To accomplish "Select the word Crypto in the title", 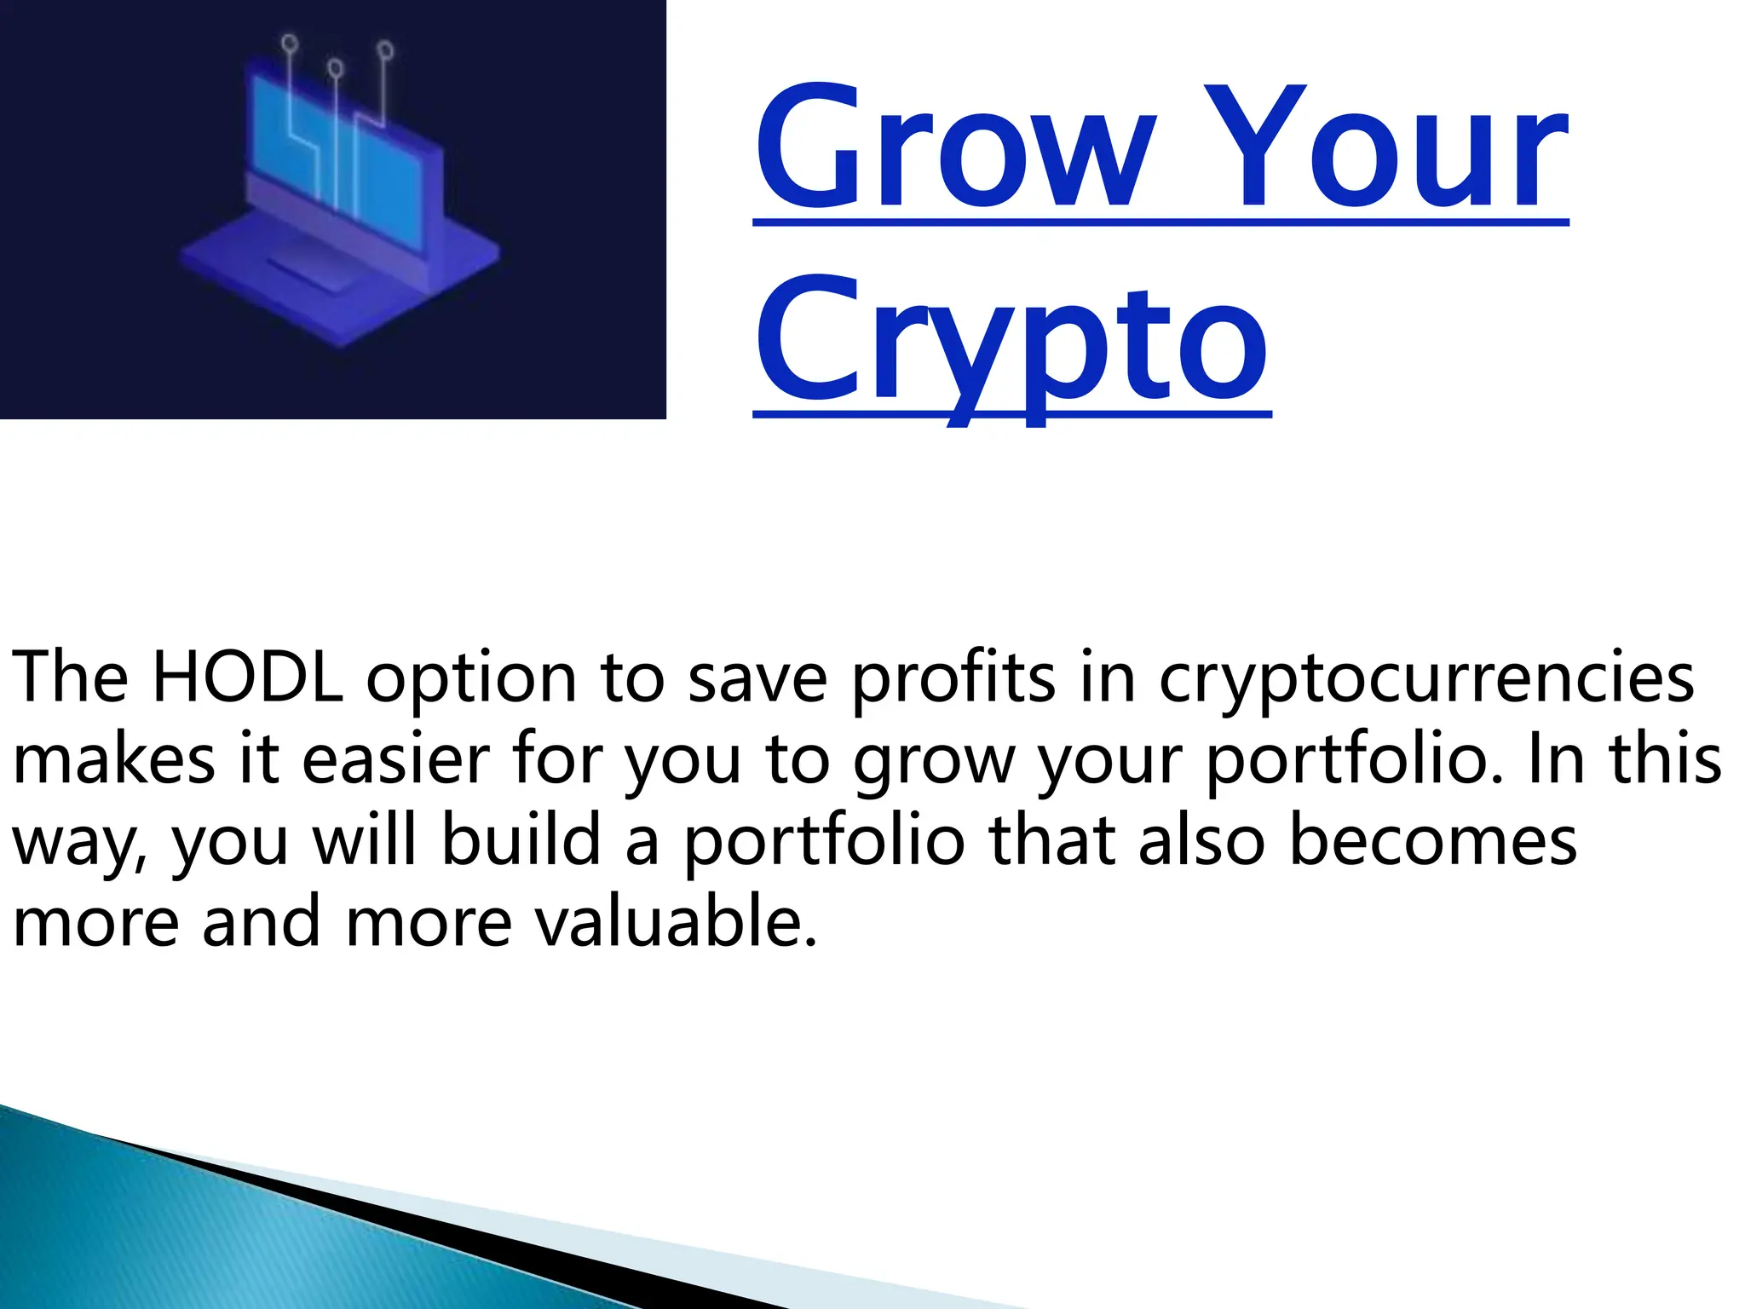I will pyautogui.click(x=1011, y=341).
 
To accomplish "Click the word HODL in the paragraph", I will pyautogui.click(x=247, y=678).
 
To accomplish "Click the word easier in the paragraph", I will pyautogui.click(x=396, y=758).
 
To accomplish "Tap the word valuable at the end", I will pyautogui.click(x=667, y=922).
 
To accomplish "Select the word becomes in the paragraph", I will pyautogui.click(x=1432, y=840).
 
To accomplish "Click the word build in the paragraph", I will pyautogui.click(x=521, y=840).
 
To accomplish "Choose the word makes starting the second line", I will pyautogui.click(x=114, y=758).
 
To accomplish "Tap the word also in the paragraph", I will pyautogui.click(x=1201, y=840).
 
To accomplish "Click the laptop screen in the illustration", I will pyautogui.click(x=341, y=158).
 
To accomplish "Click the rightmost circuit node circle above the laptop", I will pyautogui.click(x=385, y=50).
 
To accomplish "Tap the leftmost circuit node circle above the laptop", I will pyautogui.click(x=290, y=42).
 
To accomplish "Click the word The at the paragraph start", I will pyautogui.click(x=70, y=678).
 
